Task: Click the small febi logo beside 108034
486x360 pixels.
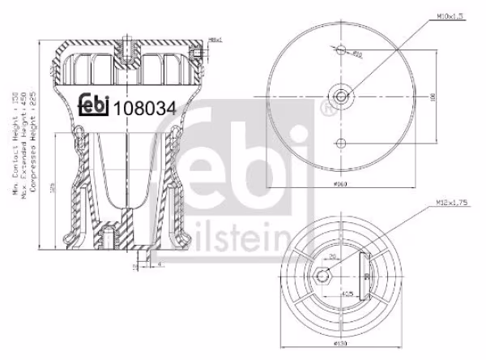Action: pos(94,105)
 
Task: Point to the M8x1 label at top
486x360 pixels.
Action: pos(215,40)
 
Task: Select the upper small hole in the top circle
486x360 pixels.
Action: pos(343,51)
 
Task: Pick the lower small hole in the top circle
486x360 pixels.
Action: pos(343,144)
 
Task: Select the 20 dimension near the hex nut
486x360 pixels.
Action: pos(333,258)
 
